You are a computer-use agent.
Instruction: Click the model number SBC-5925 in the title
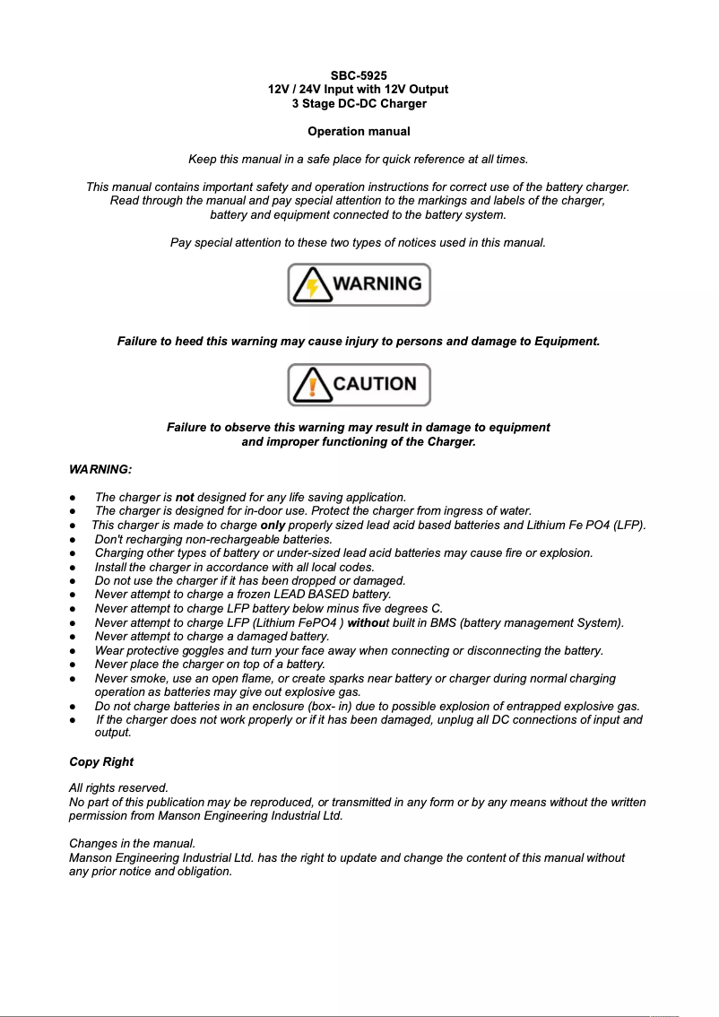tap(359, 75)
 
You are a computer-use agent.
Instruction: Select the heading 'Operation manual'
tap(359, 132)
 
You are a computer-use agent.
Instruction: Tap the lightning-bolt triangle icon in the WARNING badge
tap(310, 285)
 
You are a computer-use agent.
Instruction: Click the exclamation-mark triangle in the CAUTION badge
tap(310, 386)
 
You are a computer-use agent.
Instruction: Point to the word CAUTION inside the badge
tap(375, 384)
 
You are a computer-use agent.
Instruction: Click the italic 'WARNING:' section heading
tap(100, 470)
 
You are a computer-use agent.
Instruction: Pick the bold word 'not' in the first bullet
tap(185, 497)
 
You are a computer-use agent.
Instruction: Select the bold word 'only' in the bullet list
tap(273, 526)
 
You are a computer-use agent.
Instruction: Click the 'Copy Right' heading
tap(101, 762)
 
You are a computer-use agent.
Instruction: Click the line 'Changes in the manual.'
tap(132, 844)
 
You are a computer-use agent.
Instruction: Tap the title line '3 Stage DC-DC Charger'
tap(359, 104)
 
